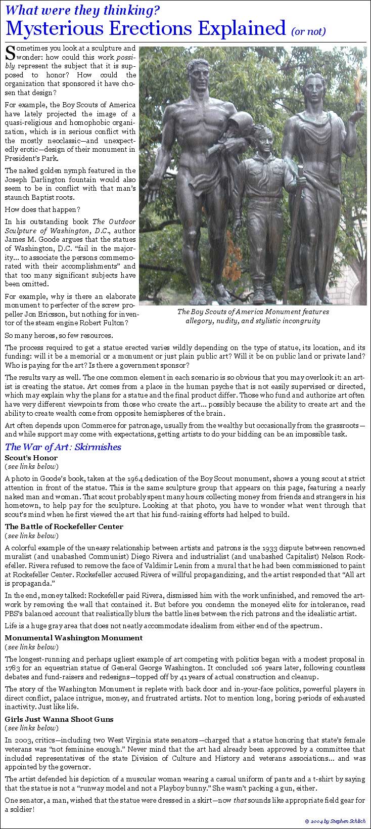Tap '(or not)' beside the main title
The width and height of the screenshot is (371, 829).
tap(309, 31)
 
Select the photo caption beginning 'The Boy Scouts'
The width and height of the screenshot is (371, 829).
tap(253, 316)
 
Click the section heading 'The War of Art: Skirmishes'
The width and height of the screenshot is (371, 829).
tap(63, 447)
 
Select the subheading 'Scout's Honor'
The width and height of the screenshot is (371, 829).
tap(31, 458)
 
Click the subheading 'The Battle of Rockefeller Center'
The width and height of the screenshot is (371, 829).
tap(64, 527)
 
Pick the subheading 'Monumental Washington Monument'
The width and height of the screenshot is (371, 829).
tap(74, 638)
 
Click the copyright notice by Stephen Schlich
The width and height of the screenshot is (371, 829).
tap(335, 820)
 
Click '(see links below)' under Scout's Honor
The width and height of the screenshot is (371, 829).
tap(31, 466)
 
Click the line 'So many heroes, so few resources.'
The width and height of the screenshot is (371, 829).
tap(59, 335)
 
